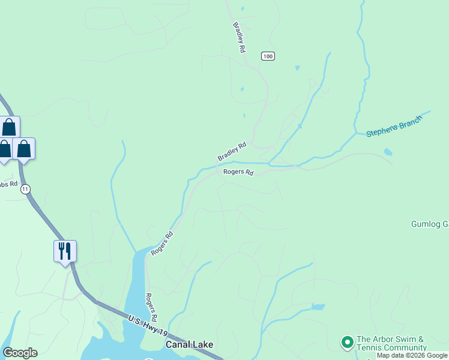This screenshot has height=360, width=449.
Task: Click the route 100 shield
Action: click(x=268, y=56)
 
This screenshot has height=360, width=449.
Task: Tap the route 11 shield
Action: click(x=25, y=189)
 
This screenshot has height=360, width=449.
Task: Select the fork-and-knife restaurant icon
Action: click(x=65, y=251)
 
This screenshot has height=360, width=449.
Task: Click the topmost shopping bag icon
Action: click(x=9, y=127)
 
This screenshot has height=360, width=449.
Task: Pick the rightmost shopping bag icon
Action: click(x=24, y=148)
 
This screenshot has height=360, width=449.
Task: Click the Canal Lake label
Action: click(x=189, y=345)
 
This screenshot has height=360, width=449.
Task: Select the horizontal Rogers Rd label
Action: click(x=238, y=172)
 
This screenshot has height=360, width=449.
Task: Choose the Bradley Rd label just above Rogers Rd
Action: click(x=232, y=151)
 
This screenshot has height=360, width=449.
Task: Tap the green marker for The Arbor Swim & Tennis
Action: click(x=346, y=343)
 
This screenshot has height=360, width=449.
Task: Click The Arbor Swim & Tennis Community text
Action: click(x=391, y=343)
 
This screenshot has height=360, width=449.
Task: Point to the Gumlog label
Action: click(x=430, y=224)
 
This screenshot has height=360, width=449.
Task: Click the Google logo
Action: click(x=20, y=353)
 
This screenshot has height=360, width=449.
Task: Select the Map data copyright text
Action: click(x=412, y=356)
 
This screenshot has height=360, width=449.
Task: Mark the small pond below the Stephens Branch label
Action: click(x=388, y=152)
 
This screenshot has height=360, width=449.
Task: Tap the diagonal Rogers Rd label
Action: click(x=161, y=244)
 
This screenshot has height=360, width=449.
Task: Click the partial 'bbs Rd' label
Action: click(x=8, y=183)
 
